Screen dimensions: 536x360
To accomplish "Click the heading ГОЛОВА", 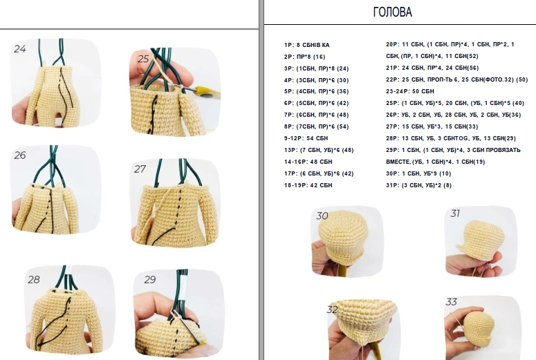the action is [392, 12].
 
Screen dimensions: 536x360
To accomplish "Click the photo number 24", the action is [20, 49].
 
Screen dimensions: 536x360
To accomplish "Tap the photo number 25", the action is [143, 59].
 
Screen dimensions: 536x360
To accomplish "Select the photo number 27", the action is [140, 169].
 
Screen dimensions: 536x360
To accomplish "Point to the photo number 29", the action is [149, 280].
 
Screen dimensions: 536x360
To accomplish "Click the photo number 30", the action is [322, 216].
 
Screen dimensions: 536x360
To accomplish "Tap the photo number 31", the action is [455, 214].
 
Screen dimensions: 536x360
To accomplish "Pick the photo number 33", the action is [451, 301].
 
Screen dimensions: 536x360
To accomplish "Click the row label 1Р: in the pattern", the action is [289, 45].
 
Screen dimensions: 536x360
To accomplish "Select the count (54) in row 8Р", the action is [342, 126].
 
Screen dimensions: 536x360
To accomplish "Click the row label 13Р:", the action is [291, 150].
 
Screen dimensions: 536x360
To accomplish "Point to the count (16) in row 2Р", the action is [319, 57].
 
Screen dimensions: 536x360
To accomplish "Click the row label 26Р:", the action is [393, 115].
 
